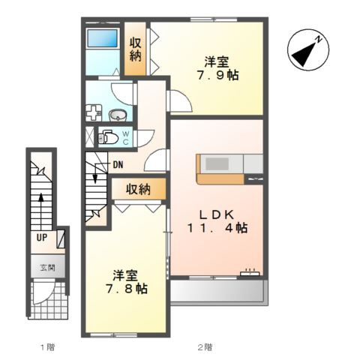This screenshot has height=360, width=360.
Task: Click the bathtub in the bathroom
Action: (102, 38)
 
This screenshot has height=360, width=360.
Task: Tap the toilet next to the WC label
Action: (108, 137)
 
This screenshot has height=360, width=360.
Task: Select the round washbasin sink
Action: (118, 115)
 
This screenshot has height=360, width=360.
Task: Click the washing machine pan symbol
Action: (94, 113)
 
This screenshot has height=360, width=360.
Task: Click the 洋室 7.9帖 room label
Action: (217, 68)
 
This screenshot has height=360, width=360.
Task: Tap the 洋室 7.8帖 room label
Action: (126, 282)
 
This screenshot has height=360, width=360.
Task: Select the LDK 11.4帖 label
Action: (217, 221)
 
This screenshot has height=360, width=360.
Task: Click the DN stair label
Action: (118, 164)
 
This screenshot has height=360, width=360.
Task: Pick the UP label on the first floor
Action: (42, 238)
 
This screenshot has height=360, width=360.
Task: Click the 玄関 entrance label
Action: (47, 268)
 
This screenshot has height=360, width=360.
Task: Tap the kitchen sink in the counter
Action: (217, 164)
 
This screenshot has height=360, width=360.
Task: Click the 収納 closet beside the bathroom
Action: (135, 49)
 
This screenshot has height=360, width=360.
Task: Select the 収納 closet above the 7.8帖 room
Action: (138, 189)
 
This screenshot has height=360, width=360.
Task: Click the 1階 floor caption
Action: (47, 347)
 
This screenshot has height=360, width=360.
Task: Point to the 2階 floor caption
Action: (205, 347)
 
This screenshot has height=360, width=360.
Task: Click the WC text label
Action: (125, 138)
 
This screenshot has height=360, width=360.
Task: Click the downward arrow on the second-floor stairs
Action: (95, 172)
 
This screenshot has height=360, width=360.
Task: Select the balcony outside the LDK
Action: (217, 292)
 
